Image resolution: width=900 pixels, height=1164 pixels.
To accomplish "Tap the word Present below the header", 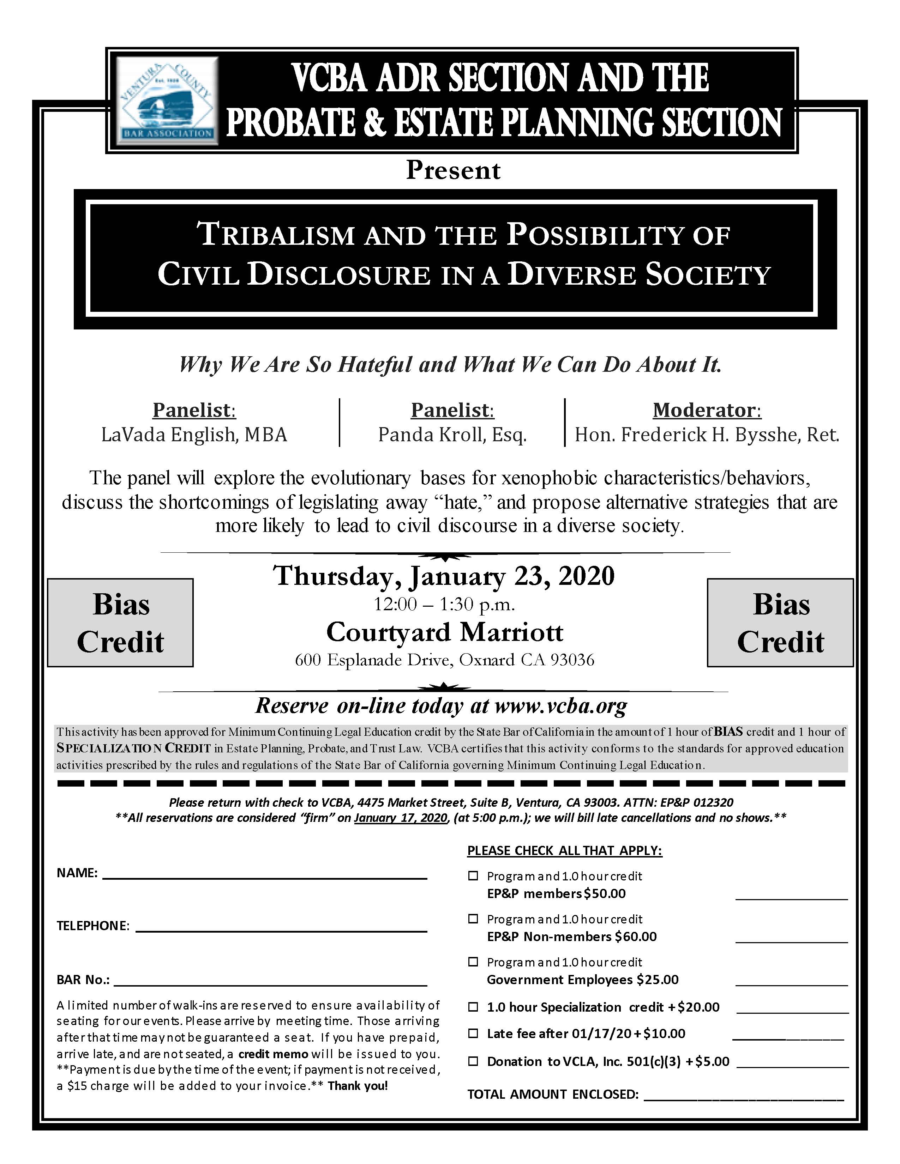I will (453, 171).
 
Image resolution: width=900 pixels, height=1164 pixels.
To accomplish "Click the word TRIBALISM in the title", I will (277, 235).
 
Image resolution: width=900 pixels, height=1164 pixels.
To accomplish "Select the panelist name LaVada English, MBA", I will (194, 435).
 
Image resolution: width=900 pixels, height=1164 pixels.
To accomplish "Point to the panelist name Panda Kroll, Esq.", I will (452, 435).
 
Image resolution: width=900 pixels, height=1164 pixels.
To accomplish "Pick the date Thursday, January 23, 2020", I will (444, 576).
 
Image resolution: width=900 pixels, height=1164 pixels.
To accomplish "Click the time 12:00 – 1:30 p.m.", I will (444, 604).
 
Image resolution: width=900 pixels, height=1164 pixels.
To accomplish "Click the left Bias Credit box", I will (120, 623).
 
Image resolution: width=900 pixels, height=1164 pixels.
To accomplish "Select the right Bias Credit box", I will (780, 623).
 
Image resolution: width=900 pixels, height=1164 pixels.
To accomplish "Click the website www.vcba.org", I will (561, 706).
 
